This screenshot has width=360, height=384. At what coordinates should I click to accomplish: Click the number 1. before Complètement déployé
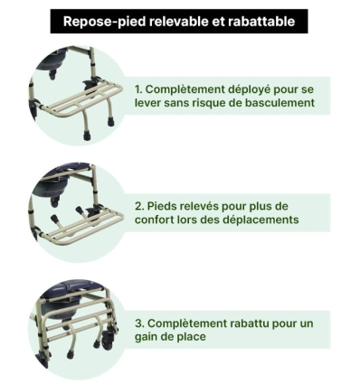click(x=139, y=89)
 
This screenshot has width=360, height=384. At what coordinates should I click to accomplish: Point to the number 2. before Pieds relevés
click(x=140, y=206)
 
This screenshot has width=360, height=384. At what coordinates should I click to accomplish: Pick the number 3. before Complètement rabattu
click(x=140, y=323)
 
